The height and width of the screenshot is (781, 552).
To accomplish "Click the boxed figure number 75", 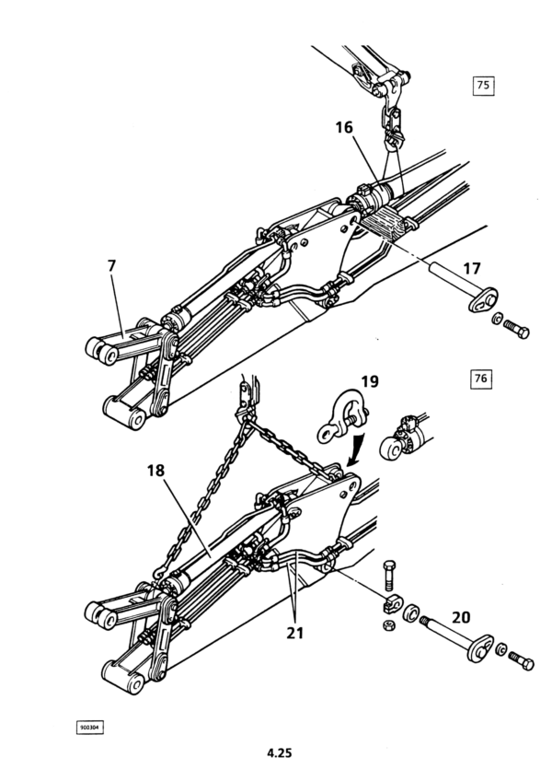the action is (483, 85).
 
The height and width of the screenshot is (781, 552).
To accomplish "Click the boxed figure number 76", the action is (481, 379).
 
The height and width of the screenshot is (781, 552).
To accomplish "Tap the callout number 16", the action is (344, 127).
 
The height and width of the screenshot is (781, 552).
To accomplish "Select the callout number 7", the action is (111, 266).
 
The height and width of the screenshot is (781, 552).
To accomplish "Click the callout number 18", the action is (155, 470).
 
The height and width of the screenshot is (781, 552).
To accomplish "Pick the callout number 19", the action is (370, 381).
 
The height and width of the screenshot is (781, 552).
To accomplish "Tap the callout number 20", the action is (461, 617).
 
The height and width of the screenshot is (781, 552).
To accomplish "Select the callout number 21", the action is (294, 633).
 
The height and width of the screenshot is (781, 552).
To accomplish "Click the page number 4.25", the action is (280, 752).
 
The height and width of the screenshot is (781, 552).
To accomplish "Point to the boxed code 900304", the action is (89, 728).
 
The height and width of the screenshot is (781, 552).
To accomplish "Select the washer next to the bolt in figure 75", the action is (497, 319).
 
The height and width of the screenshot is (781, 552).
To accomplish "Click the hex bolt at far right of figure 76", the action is (521, 660).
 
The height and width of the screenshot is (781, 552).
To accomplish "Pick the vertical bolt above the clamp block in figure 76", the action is (390, 575).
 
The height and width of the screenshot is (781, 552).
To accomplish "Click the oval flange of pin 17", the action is (483, 300).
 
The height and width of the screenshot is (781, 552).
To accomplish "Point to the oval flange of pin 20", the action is (480, 648).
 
